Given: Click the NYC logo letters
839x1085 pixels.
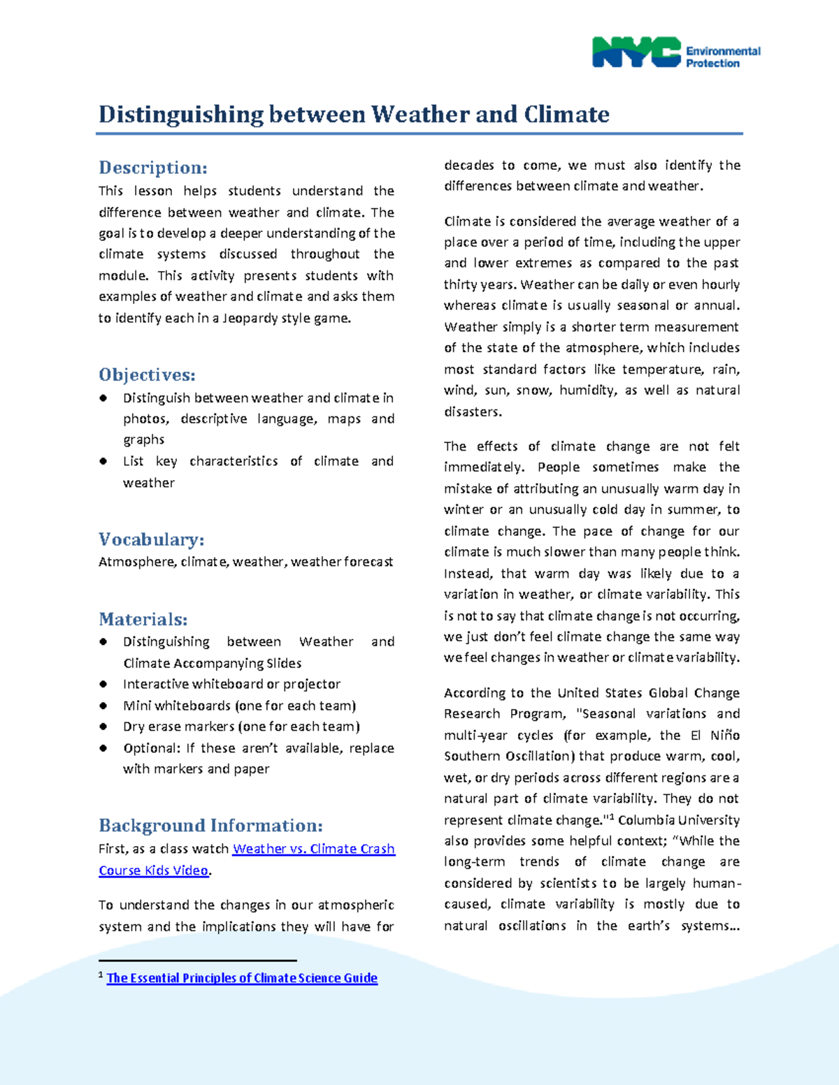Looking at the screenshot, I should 636,52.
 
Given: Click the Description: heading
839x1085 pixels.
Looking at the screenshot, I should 152,168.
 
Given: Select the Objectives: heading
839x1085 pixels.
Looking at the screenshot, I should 147,374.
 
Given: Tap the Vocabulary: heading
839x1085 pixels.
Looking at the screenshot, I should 151,539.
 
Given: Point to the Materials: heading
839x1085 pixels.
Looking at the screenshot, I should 143,619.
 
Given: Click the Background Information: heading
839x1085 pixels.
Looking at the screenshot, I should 210,825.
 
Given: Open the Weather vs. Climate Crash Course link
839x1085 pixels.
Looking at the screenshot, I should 313,849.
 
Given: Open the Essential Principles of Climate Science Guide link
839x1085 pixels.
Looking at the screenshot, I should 242,978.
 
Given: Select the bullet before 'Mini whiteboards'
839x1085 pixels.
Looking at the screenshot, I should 103,705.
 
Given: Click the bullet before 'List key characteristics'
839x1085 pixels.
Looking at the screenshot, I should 103,461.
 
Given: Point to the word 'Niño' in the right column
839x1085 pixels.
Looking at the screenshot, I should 724,735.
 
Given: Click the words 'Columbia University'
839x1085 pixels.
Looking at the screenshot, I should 678,820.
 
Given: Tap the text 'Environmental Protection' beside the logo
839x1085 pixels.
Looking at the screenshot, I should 722,57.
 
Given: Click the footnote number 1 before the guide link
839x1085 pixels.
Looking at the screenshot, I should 101,975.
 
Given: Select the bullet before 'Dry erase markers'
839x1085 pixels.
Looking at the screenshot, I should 103,727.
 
